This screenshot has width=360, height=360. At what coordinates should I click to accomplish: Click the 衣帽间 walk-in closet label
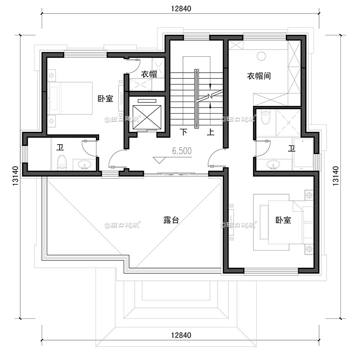point(258,76)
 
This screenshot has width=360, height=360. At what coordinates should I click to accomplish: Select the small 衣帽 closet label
point(148,74)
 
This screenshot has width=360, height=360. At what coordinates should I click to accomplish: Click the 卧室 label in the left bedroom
point(105,99)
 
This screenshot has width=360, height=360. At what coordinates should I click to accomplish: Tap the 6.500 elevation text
point(181,151)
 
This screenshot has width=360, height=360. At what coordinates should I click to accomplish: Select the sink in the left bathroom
point(86,164)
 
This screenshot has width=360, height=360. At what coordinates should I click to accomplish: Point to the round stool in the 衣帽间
point(261,56)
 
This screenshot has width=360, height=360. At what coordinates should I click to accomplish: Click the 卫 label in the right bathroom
point(291,148)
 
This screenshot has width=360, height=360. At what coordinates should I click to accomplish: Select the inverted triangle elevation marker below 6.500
point(159,159)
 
